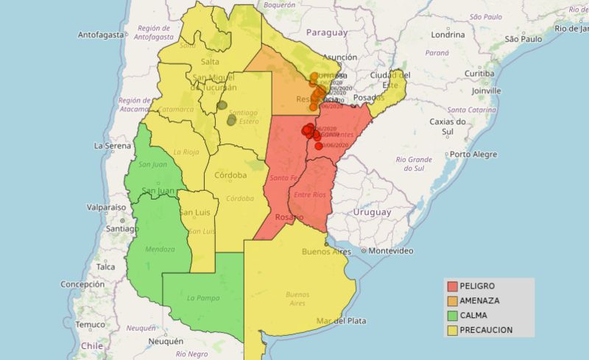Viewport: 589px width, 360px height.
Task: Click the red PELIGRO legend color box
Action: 451,286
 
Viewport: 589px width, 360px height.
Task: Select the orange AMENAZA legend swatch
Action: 451,300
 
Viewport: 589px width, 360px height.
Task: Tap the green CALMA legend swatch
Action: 451,315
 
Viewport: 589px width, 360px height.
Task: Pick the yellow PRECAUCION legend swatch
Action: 451,330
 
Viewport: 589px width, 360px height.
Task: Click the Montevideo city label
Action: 390,251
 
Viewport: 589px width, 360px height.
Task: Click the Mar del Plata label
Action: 341,321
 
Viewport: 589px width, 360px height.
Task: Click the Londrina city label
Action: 448,35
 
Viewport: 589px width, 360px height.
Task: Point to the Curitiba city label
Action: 479,74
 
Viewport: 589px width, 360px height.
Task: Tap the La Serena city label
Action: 112,146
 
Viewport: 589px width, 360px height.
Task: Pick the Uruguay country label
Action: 371,212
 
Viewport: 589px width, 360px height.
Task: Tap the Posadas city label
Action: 369,98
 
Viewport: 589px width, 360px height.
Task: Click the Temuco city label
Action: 91,325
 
